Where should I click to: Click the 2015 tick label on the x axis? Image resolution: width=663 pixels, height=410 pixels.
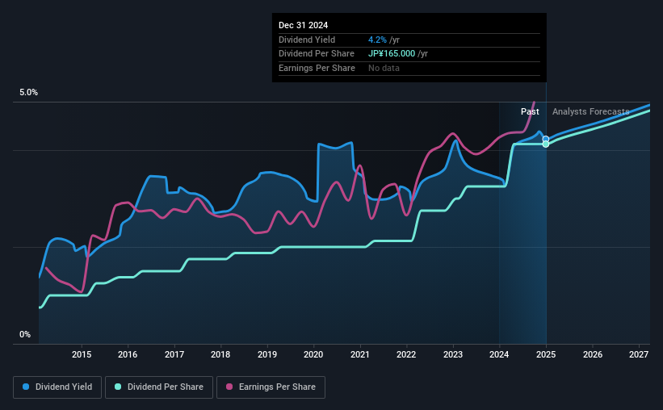click(x=81, y=354)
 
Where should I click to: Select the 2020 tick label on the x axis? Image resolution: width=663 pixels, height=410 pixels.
click(x=313, y=354)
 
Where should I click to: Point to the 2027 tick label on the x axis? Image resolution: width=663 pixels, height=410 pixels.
click(x=639, y=354)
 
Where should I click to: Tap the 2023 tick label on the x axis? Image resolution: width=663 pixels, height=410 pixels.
click(x=453, y=354)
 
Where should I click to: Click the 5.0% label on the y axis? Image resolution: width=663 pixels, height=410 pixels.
click(x=28, y=93)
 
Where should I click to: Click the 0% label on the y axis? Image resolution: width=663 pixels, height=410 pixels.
click(x=24, y=334)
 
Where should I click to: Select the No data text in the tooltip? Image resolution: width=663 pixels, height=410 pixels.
click(x=384, y=68)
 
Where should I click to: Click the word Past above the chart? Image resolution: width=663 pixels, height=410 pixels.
click(x=530, y=111)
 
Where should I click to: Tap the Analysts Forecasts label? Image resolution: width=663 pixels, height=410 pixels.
click(x=590, y=111)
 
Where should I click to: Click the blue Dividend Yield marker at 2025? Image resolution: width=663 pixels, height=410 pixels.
click(x=546, y=139)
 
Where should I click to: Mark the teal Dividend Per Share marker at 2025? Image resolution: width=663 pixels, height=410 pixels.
click(x=546, y=144)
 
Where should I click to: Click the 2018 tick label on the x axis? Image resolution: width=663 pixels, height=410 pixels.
click(x=220, y=354)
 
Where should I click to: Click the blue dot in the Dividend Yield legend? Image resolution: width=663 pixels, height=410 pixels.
click(x=26, y=387)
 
